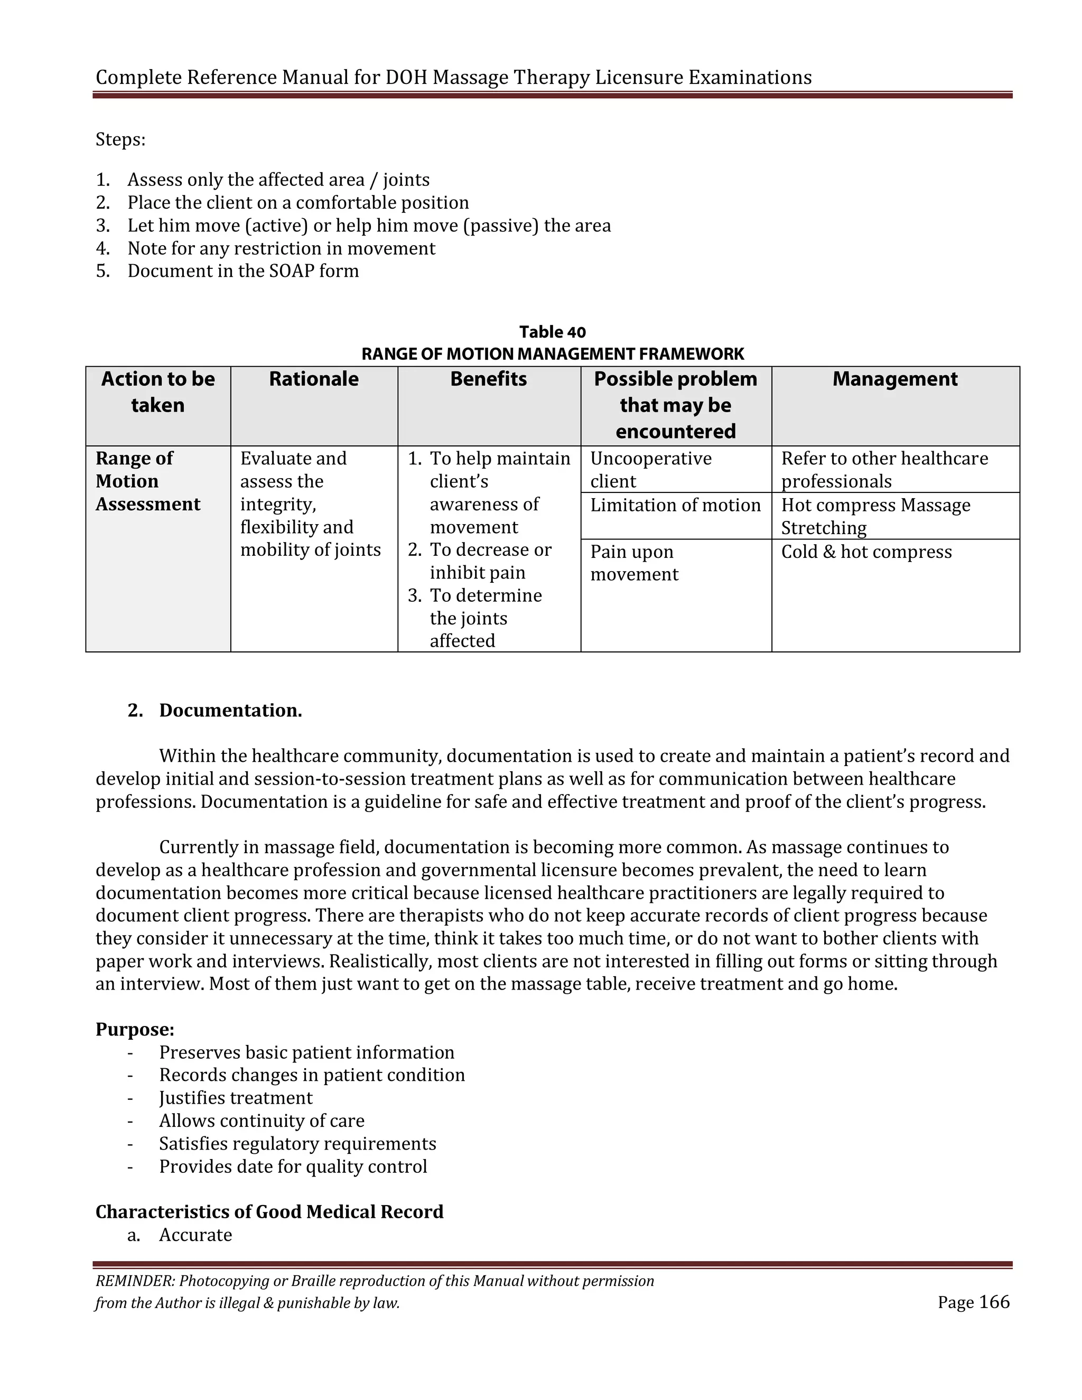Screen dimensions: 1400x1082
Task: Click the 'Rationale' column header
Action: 313,379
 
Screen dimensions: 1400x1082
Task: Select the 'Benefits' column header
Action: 489,379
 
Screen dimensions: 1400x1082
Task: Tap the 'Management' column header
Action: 895,379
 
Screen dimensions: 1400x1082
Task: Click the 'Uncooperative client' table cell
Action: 650,469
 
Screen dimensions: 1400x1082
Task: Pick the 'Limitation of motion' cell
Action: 675,506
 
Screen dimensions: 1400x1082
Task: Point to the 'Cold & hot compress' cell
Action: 866,552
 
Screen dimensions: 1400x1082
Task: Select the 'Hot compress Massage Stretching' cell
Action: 875,516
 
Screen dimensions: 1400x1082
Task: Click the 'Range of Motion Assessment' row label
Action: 147,481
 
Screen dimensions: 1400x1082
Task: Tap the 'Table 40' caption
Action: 552,332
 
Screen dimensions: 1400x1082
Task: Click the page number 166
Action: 994,1302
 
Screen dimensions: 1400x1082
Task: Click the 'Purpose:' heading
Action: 135,1030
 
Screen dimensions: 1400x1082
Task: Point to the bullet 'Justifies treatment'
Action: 235,1098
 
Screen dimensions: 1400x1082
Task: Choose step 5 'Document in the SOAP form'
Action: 242,271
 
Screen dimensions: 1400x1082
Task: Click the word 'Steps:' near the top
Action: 120,140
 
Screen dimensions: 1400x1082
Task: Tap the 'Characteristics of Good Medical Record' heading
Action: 269,1211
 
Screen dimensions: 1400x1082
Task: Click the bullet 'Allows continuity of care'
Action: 262,1121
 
